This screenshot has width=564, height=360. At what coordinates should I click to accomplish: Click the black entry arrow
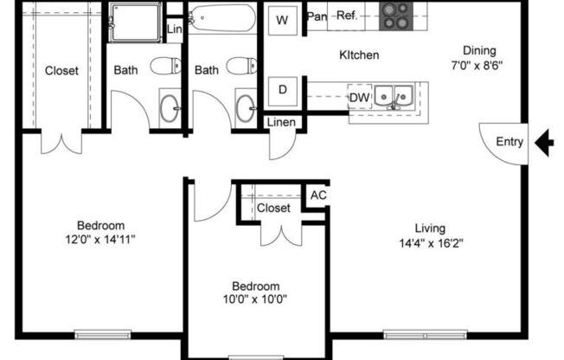544,143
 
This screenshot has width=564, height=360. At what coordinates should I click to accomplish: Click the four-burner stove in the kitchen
396,16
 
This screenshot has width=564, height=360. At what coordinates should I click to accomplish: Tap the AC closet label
318,196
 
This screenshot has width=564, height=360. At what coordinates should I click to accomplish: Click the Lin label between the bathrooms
175,29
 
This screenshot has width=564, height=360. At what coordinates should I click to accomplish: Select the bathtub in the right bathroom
222,17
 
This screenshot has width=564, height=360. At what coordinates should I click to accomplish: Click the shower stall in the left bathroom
134,22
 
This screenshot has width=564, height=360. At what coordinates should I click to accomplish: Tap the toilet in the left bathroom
164,65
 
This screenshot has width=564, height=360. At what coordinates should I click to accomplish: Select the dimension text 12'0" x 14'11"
100,239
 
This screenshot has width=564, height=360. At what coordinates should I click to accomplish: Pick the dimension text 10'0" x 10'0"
254,300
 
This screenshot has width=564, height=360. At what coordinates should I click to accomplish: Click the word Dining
480,49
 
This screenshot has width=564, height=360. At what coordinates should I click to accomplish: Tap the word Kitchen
359,55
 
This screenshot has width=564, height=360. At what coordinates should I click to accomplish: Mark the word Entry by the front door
509,143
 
